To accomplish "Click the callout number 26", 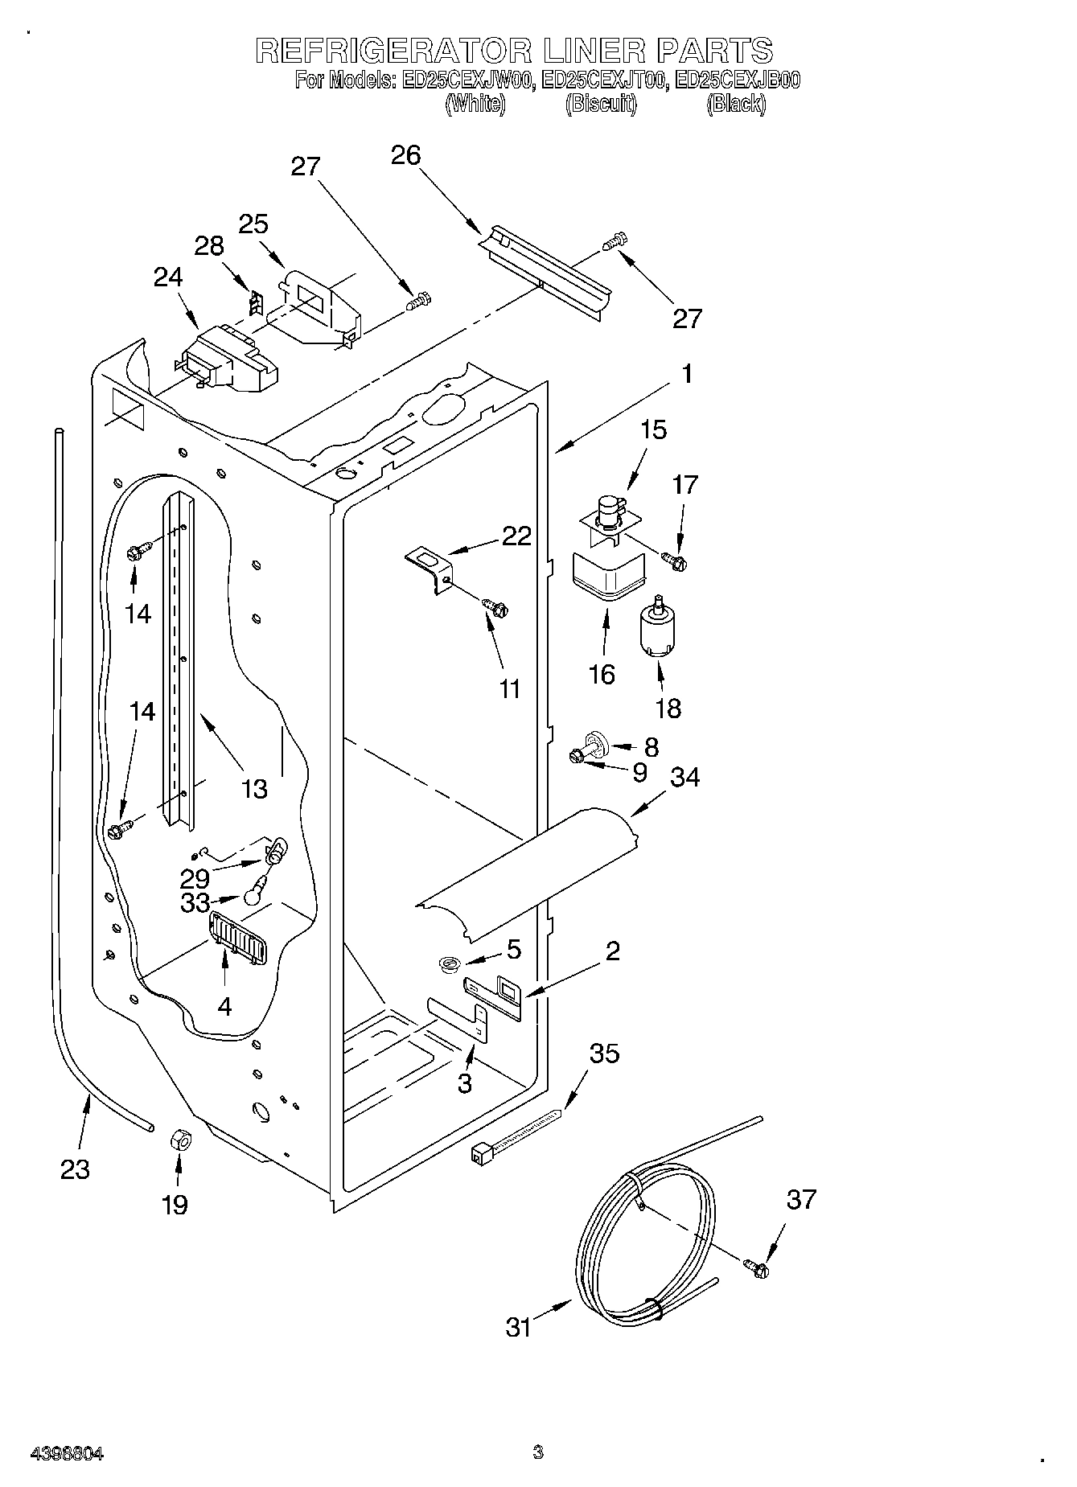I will pyautogui.click(x=405, y=155).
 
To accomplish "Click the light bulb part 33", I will pyautogui.click(x=256, y=891).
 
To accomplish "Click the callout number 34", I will pyautogui.click(x=684, y=778).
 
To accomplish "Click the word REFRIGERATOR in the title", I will pyautogui.click(x=393, y=51).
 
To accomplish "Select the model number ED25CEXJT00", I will pyautogui.click(x=603, y=80).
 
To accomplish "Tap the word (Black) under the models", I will pyautogui.click(x=735, y=104).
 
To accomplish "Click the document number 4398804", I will pyautogui.click(x=67, y=1453).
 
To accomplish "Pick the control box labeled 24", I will pyautogui.click(x=228, y=359).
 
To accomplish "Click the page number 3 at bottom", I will pyautogui.click(x=537, y=1452).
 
